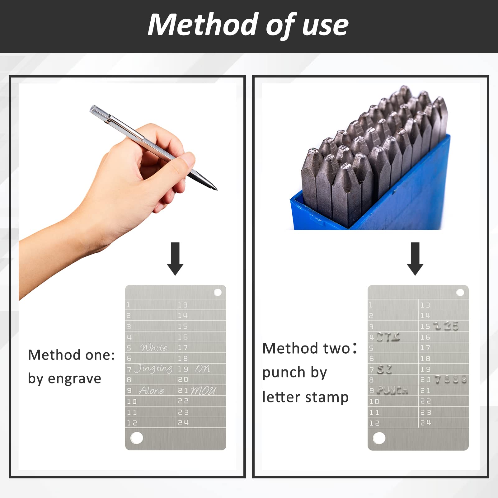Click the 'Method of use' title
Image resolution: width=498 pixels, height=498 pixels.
248,25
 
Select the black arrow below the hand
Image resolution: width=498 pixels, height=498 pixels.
175,259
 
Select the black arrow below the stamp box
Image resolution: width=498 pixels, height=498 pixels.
415,259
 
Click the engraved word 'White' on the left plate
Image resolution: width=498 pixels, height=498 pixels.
154,347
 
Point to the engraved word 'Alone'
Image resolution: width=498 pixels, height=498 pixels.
152,390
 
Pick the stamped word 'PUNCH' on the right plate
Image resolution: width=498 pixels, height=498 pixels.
392,390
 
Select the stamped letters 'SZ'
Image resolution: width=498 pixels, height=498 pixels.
384,369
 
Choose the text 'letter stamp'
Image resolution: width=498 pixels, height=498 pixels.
305,397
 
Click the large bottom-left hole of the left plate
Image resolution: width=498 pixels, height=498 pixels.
137,438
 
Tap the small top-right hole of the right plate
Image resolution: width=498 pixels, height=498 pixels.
460,293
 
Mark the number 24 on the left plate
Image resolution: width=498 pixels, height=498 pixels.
183,423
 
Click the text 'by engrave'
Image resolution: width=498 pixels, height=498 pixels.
65,379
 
